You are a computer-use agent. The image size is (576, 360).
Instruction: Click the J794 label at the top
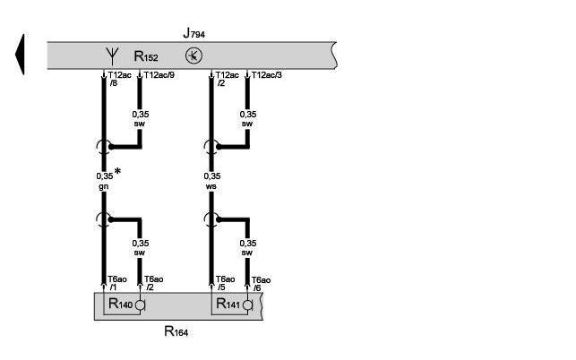[x=193, y=33]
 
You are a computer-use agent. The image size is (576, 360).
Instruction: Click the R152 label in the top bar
[x=146, y=56]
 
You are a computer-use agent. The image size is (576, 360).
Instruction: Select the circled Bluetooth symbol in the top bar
[x=193, y=56]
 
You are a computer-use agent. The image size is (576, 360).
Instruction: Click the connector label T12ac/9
[x=159, y=76]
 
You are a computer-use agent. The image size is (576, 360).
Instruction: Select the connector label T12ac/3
[x=267, y=76]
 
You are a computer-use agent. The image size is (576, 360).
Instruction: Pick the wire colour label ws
[x=211, y=187]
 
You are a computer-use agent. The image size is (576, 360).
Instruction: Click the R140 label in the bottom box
[x=120, y=305]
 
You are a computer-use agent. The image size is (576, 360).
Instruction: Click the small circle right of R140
[x=140, y=306]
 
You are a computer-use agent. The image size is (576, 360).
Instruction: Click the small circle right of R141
[x=247, y=306]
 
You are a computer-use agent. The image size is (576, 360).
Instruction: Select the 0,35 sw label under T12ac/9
[x=139, y=119]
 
